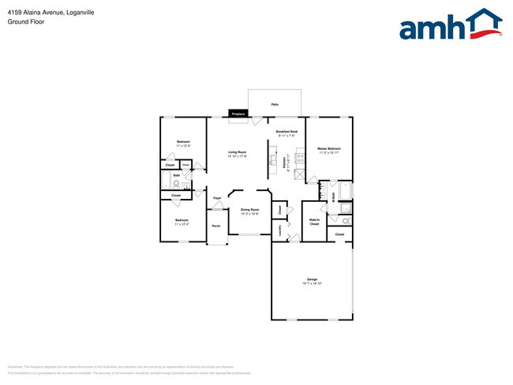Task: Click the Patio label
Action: [275, 104]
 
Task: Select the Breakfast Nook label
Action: [286, 133]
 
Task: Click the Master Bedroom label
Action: [329, 150]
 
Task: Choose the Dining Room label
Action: [249, 211]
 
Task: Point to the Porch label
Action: [216, 226]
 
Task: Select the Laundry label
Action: [279, 230]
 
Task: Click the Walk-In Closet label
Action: [314, 222]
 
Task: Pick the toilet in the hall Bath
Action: [185, 186]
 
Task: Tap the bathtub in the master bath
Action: [350, 190]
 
